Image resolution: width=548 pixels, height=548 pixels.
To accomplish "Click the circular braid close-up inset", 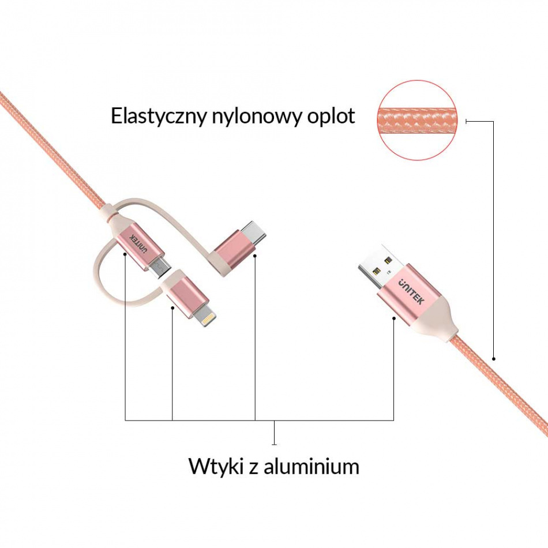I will (417, 120).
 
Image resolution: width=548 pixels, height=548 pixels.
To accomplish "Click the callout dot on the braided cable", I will (494, 358).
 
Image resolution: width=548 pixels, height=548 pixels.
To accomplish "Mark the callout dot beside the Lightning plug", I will (172, 307).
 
